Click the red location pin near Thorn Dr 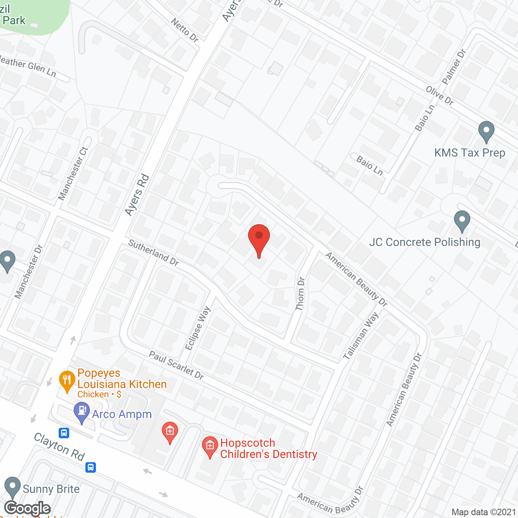click(259, 239)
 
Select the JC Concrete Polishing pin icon click(462, 221)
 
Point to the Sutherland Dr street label click(153, 253)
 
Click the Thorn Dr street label click(300, 294)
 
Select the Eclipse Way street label click(198, 328)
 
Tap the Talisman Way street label click(361, 335)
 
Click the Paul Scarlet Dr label click(176, 365)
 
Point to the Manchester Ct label click(73, 174)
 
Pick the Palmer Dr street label click(454, 67)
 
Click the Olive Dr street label click(439, 96)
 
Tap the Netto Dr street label click(185, 30)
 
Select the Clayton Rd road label click(59, 446)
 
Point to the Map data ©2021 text click(484, 512)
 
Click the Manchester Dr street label click(28, 272)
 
